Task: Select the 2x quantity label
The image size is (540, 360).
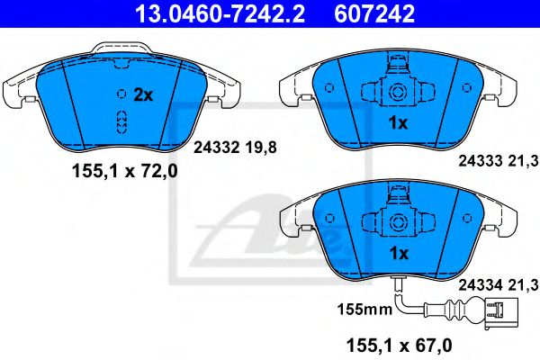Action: pyautogui.click(x=143, y=94)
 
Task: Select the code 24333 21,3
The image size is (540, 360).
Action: pyautogui.click(x=499, y=162)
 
